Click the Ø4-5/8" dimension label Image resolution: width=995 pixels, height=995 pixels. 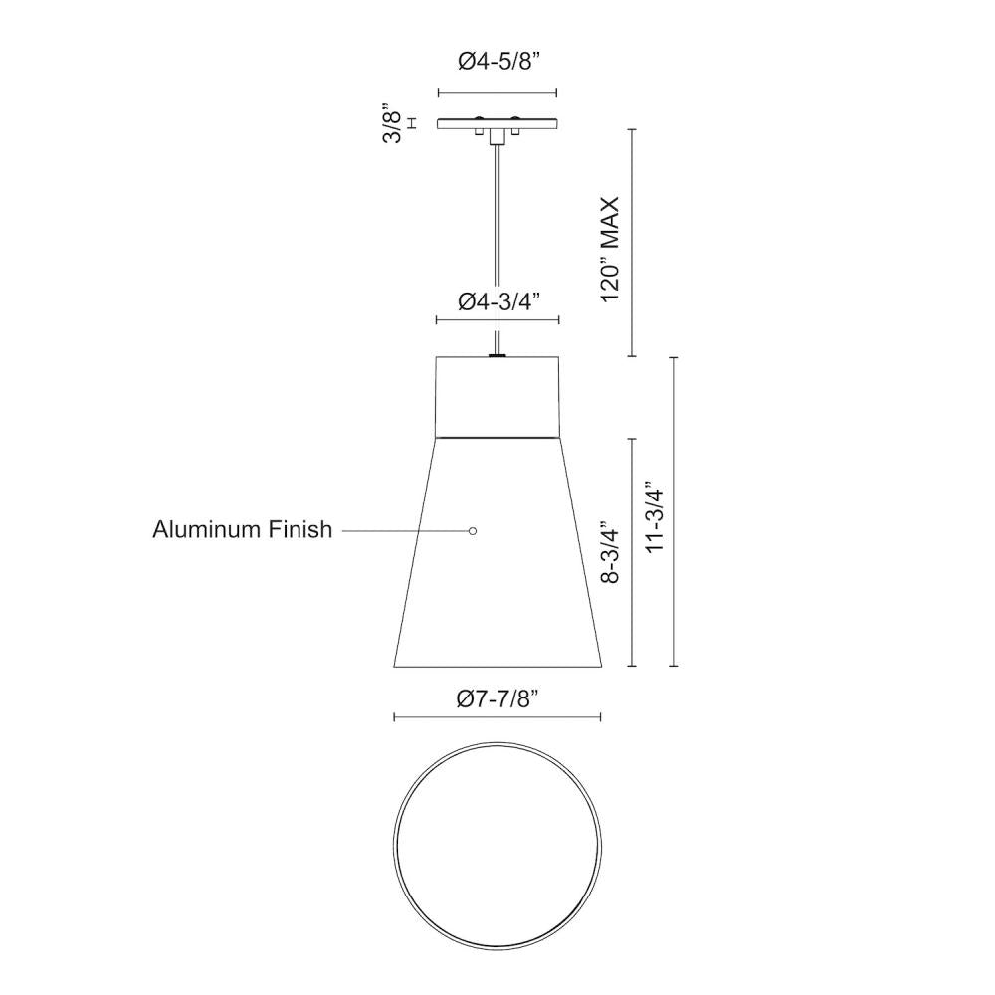[x=497, y=62]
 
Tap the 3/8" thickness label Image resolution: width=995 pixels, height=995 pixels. [x=394, y=124]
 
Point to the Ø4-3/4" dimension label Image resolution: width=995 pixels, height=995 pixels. [x=497, y=302]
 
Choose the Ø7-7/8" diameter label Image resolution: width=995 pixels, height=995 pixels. [x=497, y=698]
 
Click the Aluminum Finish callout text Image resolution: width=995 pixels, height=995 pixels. [x=242, y=530]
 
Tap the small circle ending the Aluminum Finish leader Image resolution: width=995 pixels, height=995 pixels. [x=473, y=531]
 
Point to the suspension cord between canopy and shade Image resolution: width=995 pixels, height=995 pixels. [x=497, y=249]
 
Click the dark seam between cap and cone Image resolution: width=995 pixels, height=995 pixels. [x=497, y=436]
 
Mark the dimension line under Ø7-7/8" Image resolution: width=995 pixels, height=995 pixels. [x=497, y=716]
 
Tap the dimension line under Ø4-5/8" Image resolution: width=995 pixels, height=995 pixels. [x=497, y=93]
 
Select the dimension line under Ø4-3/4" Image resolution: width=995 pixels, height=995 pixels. [x=497, y=320]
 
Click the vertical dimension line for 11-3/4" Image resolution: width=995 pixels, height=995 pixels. [x=676, y=511]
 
